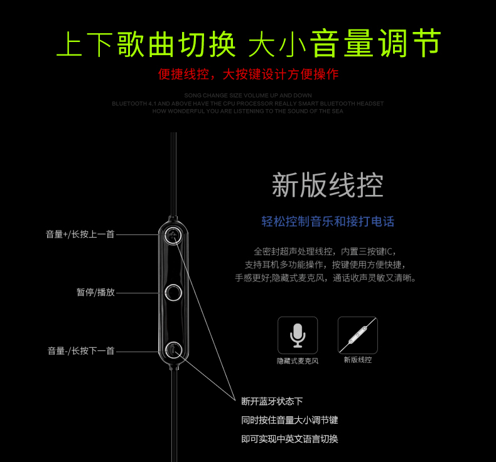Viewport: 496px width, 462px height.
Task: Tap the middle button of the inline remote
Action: (x=174, y=292)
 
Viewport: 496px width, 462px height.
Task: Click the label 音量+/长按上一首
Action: (x=80, y=234)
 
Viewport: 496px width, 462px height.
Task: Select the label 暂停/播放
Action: (x=95, y=292)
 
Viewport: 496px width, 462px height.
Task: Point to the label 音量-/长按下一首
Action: (x=81, y=351)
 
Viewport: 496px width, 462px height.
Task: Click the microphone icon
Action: (x=298, y=335)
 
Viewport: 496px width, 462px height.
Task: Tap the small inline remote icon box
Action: (x=357, y=335)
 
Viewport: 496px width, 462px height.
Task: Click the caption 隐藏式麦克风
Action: (x=298, y=361)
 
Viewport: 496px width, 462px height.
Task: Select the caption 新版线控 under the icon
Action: (x=357, y=360)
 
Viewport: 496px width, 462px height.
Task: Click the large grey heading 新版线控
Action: (x=327, y=186)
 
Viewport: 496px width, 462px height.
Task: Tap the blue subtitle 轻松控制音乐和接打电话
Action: (x=328, y=221)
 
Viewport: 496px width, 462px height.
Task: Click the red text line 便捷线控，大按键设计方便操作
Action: (x=248, y=75)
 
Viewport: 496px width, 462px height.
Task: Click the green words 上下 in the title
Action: (x=84, y=44)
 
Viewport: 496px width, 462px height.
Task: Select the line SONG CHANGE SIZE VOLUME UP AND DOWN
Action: (x=248, y=95)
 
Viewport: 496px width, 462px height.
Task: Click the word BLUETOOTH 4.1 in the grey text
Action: (x=132, y=103)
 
